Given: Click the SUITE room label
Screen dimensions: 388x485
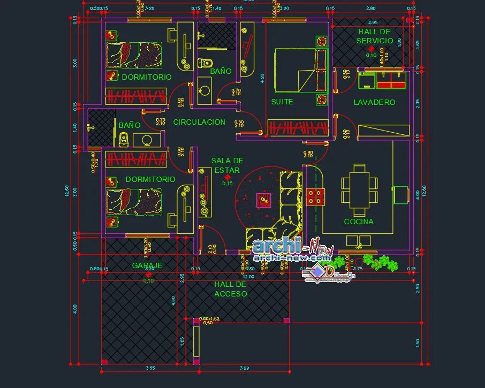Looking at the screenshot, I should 282,102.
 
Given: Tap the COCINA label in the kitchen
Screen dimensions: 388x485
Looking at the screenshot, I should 359,222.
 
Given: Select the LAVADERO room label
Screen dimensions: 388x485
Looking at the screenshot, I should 374,102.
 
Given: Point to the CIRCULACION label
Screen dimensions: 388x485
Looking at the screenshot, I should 199,122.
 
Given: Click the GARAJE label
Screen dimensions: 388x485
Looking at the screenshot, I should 147,265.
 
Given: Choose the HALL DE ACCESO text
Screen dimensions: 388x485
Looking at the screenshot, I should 231,289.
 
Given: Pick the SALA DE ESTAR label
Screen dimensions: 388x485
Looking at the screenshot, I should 227,165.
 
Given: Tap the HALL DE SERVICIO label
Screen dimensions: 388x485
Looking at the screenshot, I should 375,36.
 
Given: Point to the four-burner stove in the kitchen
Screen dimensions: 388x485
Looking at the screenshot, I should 316,196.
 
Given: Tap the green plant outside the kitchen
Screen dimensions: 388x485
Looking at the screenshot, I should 386,262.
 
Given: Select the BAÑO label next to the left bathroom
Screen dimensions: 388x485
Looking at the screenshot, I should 130,125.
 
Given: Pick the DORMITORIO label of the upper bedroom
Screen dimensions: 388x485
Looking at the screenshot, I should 147,77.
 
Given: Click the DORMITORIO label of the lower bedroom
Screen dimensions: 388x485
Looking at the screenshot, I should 150,179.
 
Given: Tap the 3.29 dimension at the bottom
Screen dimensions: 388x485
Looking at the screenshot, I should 244,368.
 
